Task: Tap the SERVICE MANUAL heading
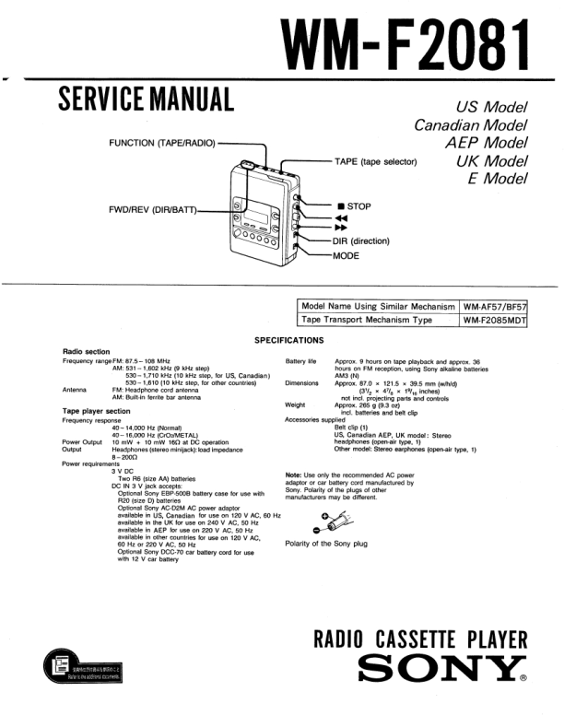tap(146, 97)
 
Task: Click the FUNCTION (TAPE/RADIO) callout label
tap(161, 143)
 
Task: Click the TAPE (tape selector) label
tap(376, 161)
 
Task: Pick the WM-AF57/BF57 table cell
tap(499, 306)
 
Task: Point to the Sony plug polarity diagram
tap(327, 522)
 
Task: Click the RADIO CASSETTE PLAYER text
tap(420, 639)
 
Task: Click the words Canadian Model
tap(470, 124)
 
